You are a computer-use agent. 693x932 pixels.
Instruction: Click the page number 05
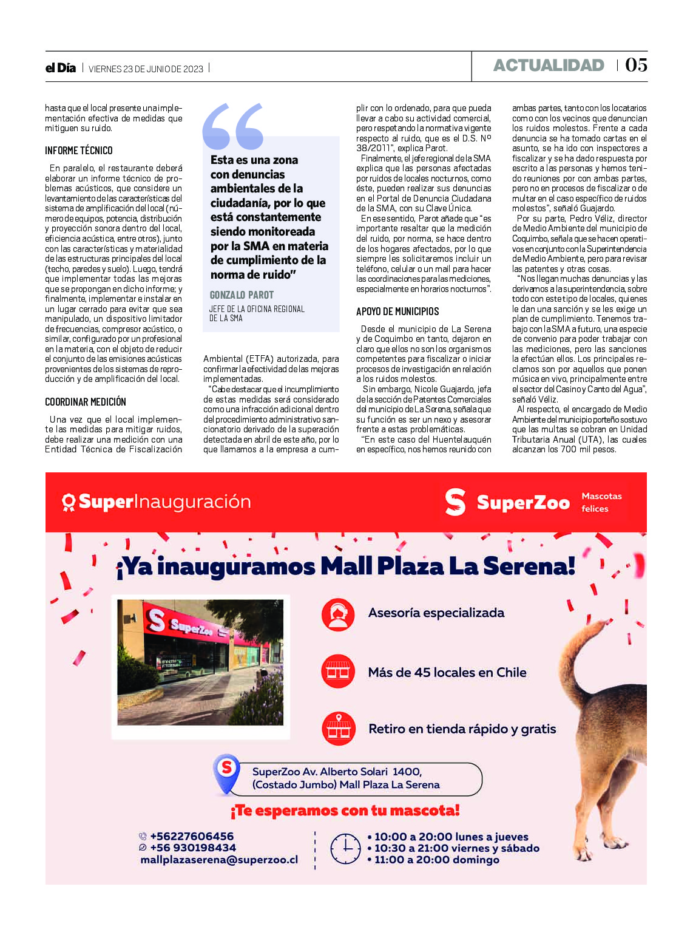coord(636,65)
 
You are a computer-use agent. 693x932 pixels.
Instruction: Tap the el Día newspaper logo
coord(61,68)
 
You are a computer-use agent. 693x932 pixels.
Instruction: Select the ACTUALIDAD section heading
coord(549,66)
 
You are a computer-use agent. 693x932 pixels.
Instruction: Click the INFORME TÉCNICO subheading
coord(79,151)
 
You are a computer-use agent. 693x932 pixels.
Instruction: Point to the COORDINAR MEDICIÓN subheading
coord(86,402)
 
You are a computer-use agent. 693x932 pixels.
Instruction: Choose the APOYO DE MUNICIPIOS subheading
coord(397,311)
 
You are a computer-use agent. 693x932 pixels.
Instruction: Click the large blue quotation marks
coord(233,126)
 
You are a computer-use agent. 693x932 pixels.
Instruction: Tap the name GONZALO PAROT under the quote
coord(242,295)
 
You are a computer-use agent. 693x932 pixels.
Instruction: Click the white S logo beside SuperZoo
coord(455,502)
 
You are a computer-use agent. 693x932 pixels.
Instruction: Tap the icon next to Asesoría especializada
coord(338,614)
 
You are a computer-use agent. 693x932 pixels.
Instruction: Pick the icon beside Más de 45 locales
coord(338,671)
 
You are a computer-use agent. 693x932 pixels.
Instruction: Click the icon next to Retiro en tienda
coord(338,729)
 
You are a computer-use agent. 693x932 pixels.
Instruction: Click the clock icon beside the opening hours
coord(345,848)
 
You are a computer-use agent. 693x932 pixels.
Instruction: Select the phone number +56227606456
coord(192,837)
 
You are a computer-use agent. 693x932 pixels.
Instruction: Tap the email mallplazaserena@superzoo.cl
coord(219,860)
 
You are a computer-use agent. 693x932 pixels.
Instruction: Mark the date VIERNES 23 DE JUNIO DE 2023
coord(146,69)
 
